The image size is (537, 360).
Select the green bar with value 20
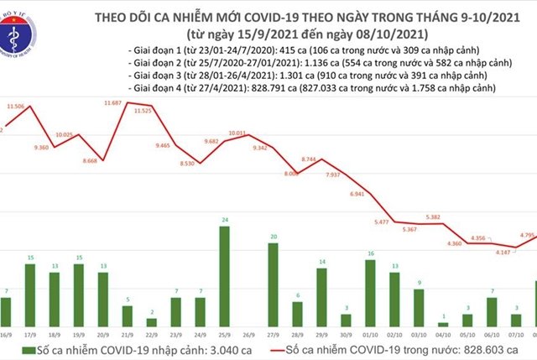[x=273, y=285]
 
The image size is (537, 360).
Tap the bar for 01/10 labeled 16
[x=370, y=293]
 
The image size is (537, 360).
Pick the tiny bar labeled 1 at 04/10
[x=443, y=325]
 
